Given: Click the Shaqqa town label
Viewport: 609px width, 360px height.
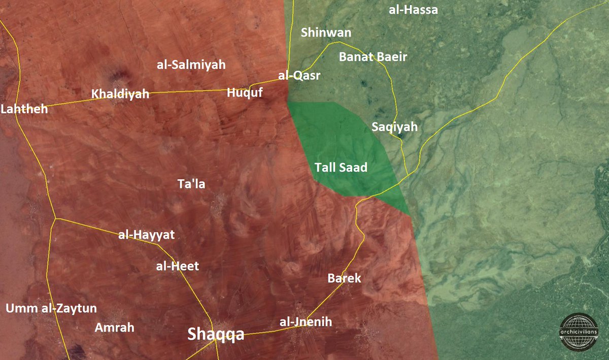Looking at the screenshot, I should point(216,334).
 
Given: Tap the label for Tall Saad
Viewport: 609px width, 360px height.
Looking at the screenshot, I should point(341,168).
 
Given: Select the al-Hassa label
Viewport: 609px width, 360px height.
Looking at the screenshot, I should point(413,10).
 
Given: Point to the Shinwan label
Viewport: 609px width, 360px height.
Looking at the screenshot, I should point(326,33).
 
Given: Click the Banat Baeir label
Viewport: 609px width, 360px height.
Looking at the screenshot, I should point(373,57).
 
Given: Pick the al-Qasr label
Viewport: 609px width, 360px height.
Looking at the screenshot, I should point(299,76).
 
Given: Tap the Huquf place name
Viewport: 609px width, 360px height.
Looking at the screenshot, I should point(245,92).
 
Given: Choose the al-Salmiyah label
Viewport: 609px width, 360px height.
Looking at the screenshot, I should point(191,64).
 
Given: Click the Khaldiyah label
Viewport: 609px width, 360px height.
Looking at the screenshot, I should point(120,94).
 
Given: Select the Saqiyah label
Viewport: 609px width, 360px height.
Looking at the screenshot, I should point(394,127).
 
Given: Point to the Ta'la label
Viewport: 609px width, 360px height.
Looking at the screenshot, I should point(191,184).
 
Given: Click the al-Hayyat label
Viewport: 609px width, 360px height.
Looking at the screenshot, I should point(146,235).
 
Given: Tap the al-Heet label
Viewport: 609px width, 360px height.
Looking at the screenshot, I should point(178,266).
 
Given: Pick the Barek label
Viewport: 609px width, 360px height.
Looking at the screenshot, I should point(344,278).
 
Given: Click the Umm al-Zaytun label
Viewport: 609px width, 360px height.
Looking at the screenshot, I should point(51,308).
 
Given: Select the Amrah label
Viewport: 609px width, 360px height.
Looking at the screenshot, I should point(115,328).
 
